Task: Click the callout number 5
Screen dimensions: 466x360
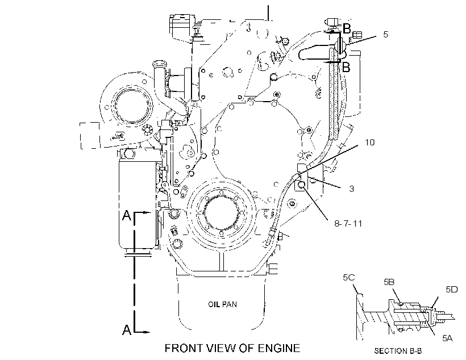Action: coord(385,35)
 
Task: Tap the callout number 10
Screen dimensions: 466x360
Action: coord(370,143)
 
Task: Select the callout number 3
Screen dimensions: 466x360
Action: coord(352,189)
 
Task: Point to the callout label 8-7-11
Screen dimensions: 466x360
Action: coord(348,223)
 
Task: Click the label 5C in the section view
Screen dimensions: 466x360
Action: coord(349,278)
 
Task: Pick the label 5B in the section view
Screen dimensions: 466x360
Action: coord(389,282)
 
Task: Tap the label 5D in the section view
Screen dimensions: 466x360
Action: coord(452,290)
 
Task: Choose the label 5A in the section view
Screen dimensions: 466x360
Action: coord(447,338)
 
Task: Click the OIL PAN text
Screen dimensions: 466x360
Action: coord(223,304)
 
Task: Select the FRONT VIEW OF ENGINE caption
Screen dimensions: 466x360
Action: coord(232,348)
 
